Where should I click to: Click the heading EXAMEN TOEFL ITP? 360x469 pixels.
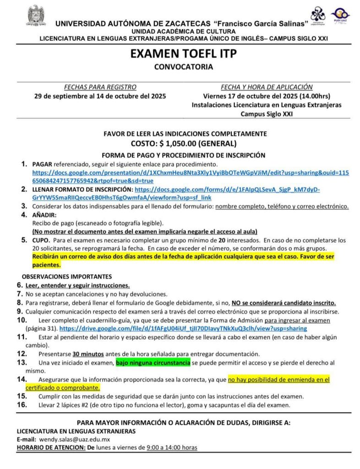point(184,54)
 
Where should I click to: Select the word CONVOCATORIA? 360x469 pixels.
point(184,67)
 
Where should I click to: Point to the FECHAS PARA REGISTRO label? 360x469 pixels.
point(100,87)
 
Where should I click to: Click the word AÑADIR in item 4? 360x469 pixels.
point(44,215)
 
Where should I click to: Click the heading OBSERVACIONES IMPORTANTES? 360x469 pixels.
point(67,277)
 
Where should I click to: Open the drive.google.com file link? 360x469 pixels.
point(183,328)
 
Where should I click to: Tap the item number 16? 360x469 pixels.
point(22,405)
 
